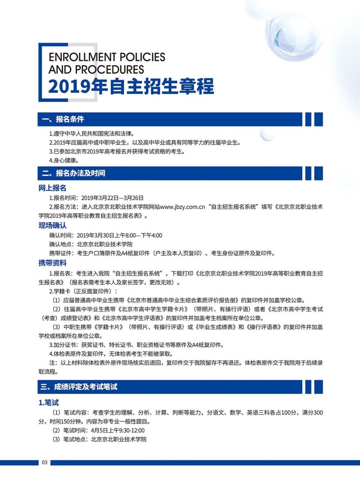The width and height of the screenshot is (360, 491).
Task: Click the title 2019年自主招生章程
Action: (131, 86)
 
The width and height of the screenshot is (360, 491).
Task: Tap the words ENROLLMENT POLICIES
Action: (106, 57)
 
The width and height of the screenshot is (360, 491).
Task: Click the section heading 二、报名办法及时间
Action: (73, 173)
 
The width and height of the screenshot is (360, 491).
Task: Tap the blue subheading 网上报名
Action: (52, 188)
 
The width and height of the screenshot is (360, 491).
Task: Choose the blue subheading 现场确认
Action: (52, 225)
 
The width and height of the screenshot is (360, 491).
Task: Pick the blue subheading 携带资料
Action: (52, 263)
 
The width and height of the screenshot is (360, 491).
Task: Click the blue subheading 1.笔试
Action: (49, 403)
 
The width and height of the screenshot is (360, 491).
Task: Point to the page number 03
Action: (45, 462)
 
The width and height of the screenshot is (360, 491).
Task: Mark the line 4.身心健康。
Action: (63, 160)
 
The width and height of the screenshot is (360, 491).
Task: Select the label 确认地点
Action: (61, 244)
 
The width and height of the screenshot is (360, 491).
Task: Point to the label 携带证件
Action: (61, 253)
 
